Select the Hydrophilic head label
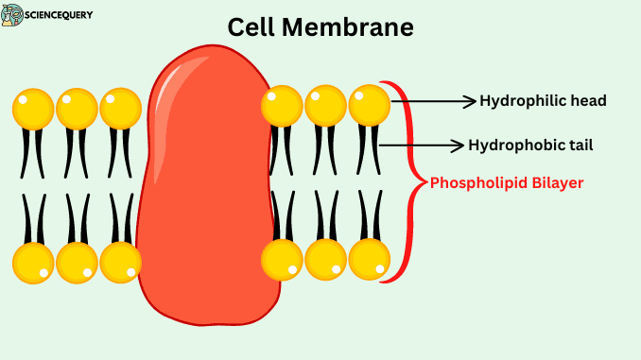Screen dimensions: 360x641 (543, 101)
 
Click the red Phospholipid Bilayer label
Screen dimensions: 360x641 (507, 182)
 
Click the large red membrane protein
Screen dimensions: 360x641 (208, 189)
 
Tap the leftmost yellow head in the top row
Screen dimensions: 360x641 (33, 109)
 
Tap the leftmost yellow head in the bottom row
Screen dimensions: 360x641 (33, 262)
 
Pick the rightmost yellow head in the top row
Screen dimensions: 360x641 (370, 106)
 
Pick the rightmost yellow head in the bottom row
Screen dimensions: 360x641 (370, 259)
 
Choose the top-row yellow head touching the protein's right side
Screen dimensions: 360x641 (282, 106)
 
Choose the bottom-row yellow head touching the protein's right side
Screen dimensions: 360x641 (282, 259)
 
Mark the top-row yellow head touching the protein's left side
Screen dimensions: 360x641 (121, 109)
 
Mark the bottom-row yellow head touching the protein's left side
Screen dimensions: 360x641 (121, 262)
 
